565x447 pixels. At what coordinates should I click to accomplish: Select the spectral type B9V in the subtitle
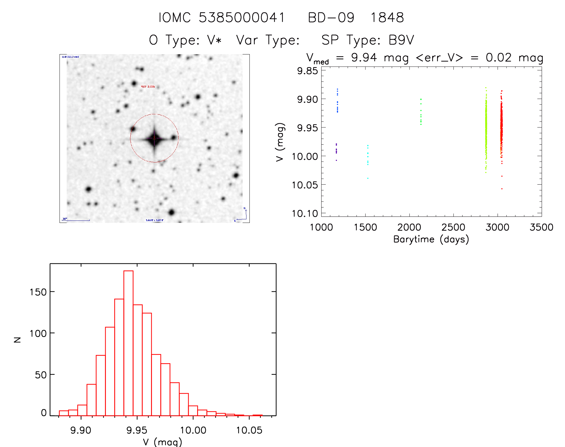point(401,40)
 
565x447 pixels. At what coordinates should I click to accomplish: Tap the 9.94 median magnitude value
point(364,57)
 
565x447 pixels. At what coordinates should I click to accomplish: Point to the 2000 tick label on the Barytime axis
point(409,227)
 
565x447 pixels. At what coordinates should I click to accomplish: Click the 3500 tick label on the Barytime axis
point(541,227)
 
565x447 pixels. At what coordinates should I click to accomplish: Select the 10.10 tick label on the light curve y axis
point(305,213)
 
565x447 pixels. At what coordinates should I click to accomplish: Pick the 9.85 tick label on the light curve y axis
point(307,71)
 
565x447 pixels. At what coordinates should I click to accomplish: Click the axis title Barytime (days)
point(431,239)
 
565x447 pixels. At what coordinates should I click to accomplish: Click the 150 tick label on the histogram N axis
point(38,292)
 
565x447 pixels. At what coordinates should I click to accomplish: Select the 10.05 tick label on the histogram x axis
point(249,430)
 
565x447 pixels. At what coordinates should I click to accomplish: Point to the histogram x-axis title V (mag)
point(162,442)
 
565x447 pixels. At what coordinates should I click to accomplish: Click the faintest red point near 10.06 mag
point(502,189)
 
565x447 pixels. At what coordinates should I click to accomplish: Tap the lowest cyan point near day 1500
point(368,178)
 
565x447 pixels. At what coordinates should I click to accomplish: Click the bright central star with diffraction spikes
point(154,139)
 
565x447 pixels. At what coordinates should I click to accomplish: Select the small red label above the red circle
point(148,86)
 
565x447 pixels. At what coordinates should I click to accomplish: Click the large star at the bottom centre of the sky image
point(171,212)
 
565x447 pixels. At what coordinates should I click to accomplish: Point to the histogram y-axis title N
point(17,340)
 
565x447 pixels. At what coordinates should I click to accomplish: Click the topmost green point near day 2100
point(421,99)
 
